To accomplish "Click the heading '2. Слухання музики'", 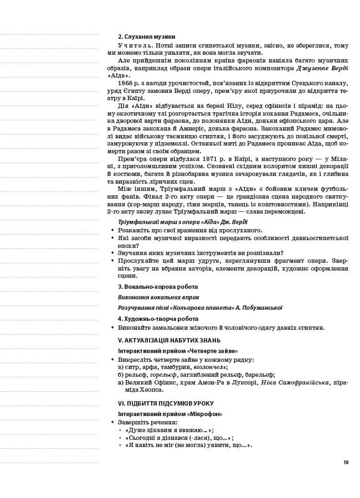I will coord(146,37).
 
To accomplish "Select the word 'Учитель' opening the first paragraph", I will coord(133,45).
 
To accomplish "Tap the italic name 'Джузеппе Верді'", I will coord(322,68).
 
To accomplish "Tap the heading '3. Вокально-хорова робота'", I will coord(157,287).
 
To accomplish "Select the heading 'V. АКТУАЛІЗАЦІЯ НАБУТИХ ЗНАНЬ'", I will coord(169,340).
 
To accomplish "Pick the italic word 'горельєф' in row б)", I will coord(165,375).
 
